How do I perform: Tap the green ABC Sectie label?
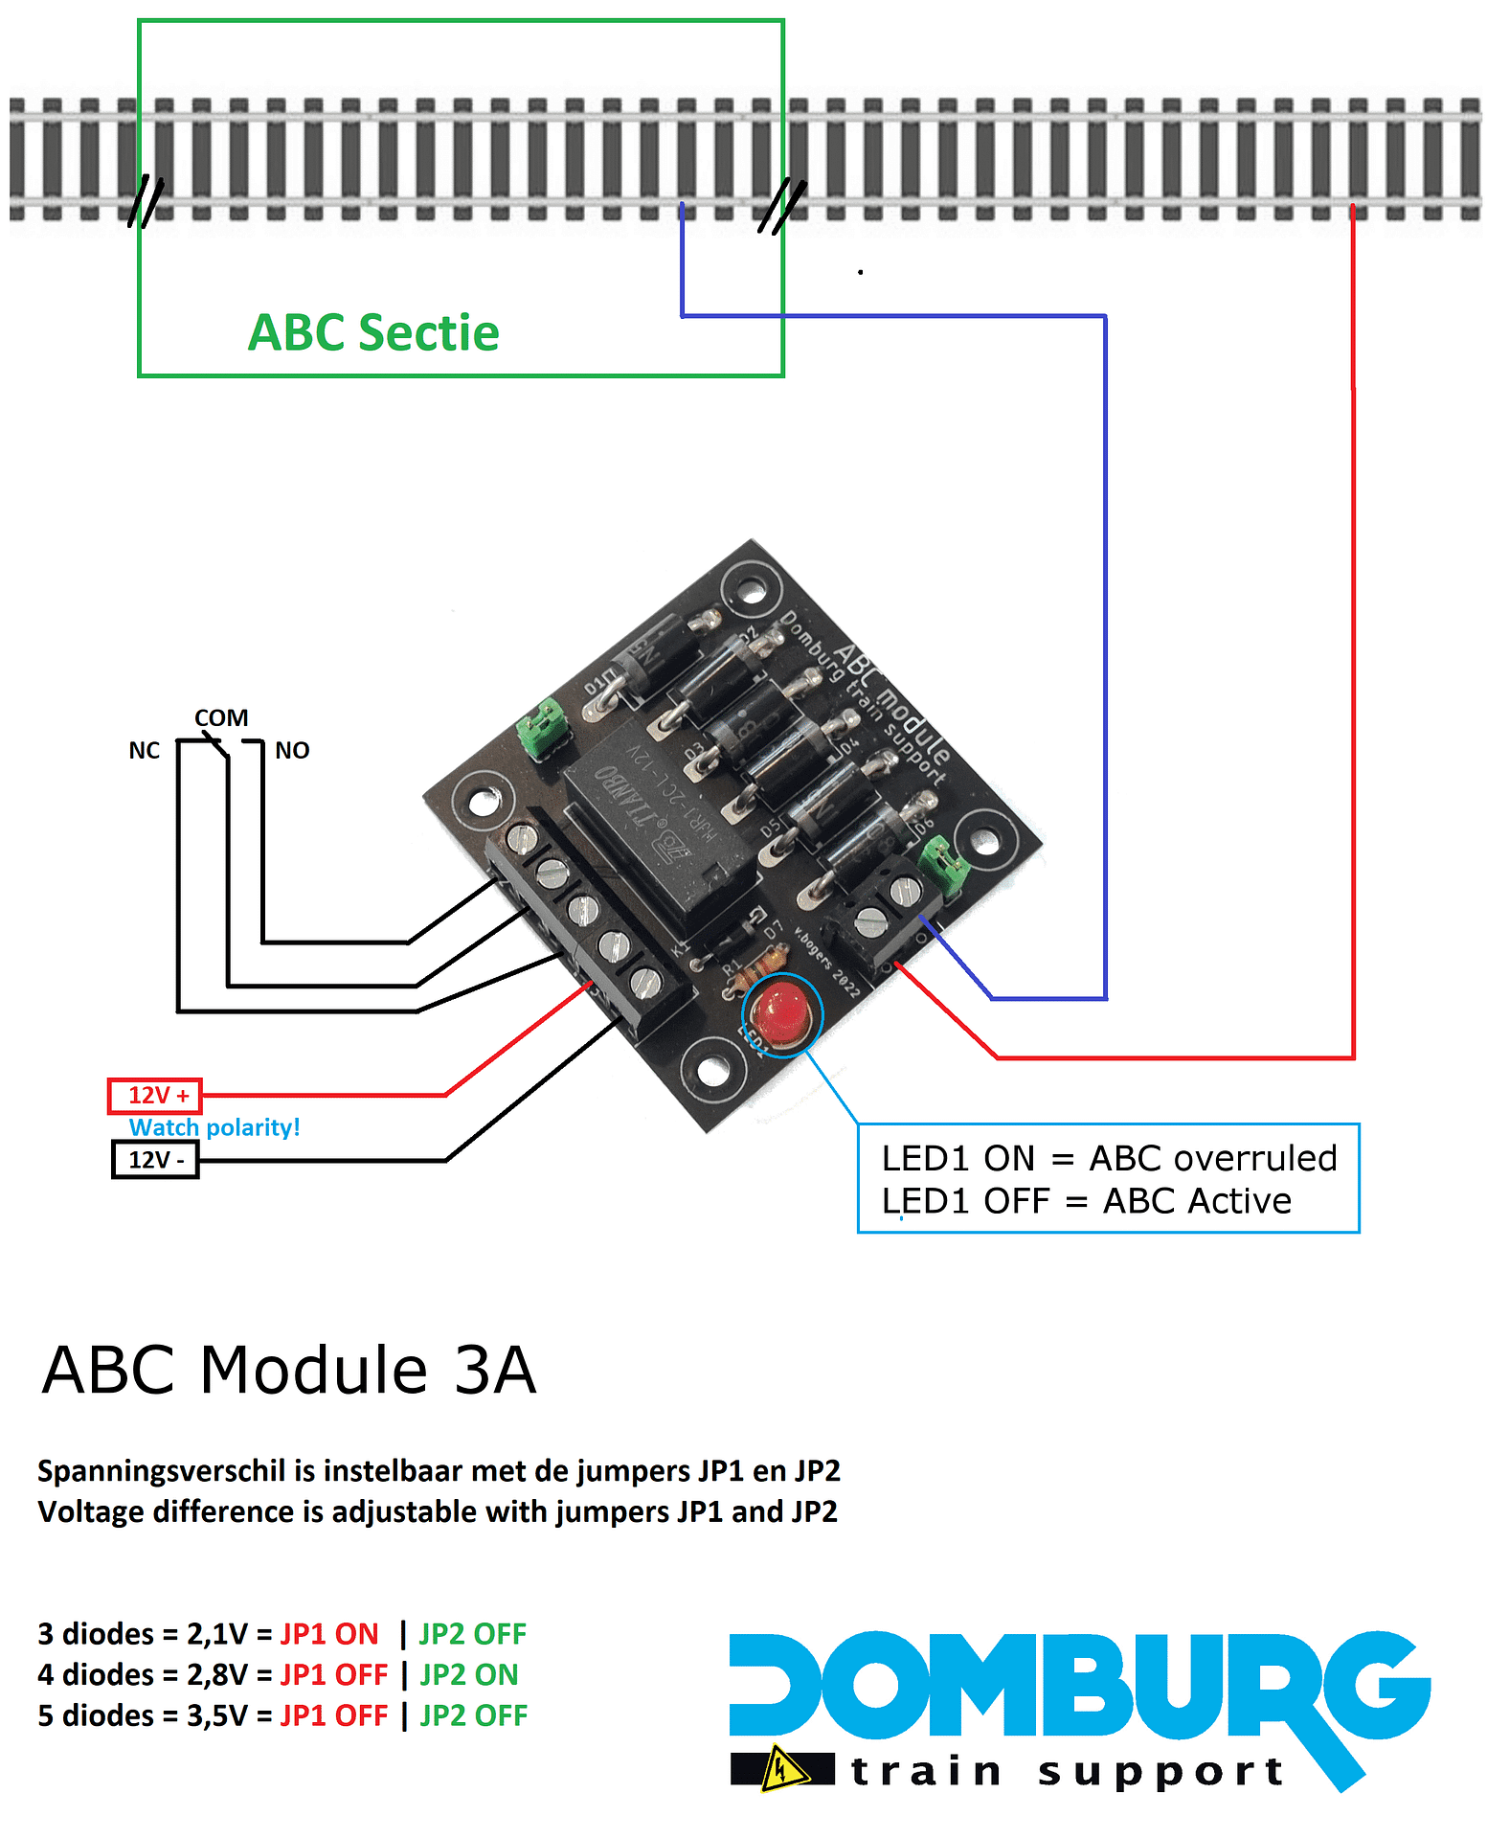373,333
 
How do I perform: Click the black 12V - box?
155,1160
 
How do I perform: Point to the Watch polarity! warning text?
214,1127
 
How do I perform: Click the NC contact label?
145,751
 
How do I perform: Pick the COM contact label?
221,718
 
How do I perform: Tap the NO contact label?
292,751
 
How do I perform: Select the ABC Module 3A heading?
289,1370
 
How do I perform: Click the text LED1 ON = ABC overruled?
1109,1159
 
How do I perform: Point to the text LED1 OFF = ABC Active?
1087,1201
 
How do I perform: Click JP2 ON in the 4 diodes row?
469,1675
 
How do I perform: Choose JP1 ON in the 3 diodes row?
329,1634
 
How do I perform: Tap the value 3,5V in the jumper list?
216,1715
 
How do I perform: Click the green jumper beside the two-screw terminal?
944,866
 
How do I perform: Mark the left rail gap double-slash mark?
146,201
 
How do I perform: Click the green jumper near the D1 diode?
542,728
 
